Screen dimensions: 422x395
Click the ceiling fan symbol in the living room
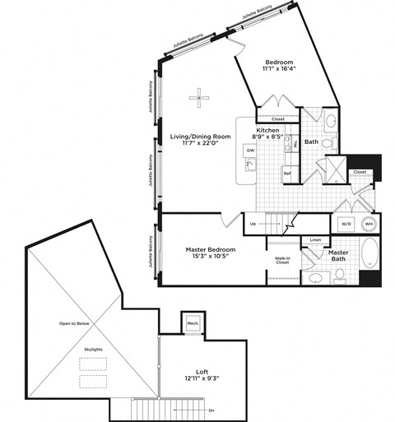point(199,100)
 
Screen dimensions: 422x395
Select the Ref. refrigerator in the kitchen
point(288,174)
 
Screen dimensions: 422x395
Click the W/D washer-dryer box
point(344,223)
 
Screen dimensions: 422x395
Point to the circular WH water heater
point(369,223)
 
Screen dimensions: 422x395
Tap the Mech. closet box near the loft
point(193,323)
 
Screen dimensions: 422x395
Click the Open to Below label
point(73,323)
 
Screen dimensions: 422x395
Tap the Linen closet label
point(315,240)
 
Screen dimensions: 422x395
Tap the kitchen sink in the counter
point(249,165)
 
